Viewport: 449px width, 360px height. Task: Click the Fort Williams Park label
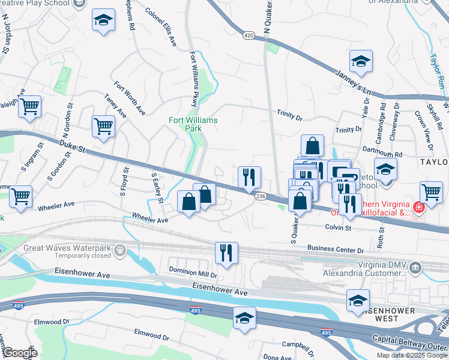tap(193, 124)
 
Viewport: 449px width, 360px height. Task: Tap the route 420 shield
tap(249, 36)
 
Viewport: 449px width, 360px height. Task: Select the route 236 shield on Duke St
tap(261, 196)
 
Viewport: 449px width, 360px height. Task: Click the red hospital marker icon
tap(418, 208)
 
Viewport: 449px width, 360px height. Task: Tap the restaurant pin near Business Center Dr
tap(227, 252)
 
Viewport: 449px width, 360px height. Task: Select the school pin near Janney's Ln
tap(361, 61)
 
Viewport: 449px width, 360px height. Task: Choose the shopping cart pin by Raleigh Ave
tap(29, 107)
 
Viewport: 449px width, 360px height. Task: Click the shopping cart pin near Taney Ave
tap(104, 127)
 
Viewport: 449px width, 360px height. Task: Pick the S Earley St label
tap(158, 188)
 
